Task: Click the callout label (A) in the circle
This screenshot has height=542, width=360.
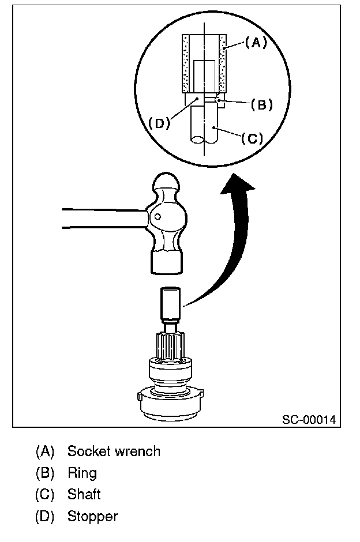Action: coord(256,42)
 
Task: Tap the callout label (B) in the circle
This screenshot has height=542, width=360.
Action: coord(261,105)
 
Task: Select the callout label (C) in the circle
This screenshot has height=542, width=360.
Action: coord(252,138)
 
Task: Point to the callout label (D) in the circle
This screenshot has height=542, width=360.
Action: coord(159,123)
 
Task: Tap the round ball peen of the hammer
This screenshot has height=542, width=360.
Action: coord(167,186)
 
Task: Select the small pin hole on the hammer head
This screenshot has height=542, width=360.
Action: coord(157,217)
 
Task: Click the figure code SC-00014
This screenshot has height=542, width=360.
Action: coord(309,419)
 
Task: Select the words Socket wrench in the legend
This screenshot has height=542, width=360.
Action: coord(114,451)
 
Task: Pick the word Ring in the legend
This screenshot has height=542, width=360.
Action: coord(82,473)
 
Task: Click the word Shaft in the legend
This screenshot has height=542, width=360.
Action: coord(84,494)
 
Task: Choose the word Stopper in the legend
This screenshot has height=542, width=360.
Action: coord(92,516)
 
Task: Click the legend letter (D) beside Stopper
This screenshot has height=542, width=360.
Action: coord(45,516)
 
